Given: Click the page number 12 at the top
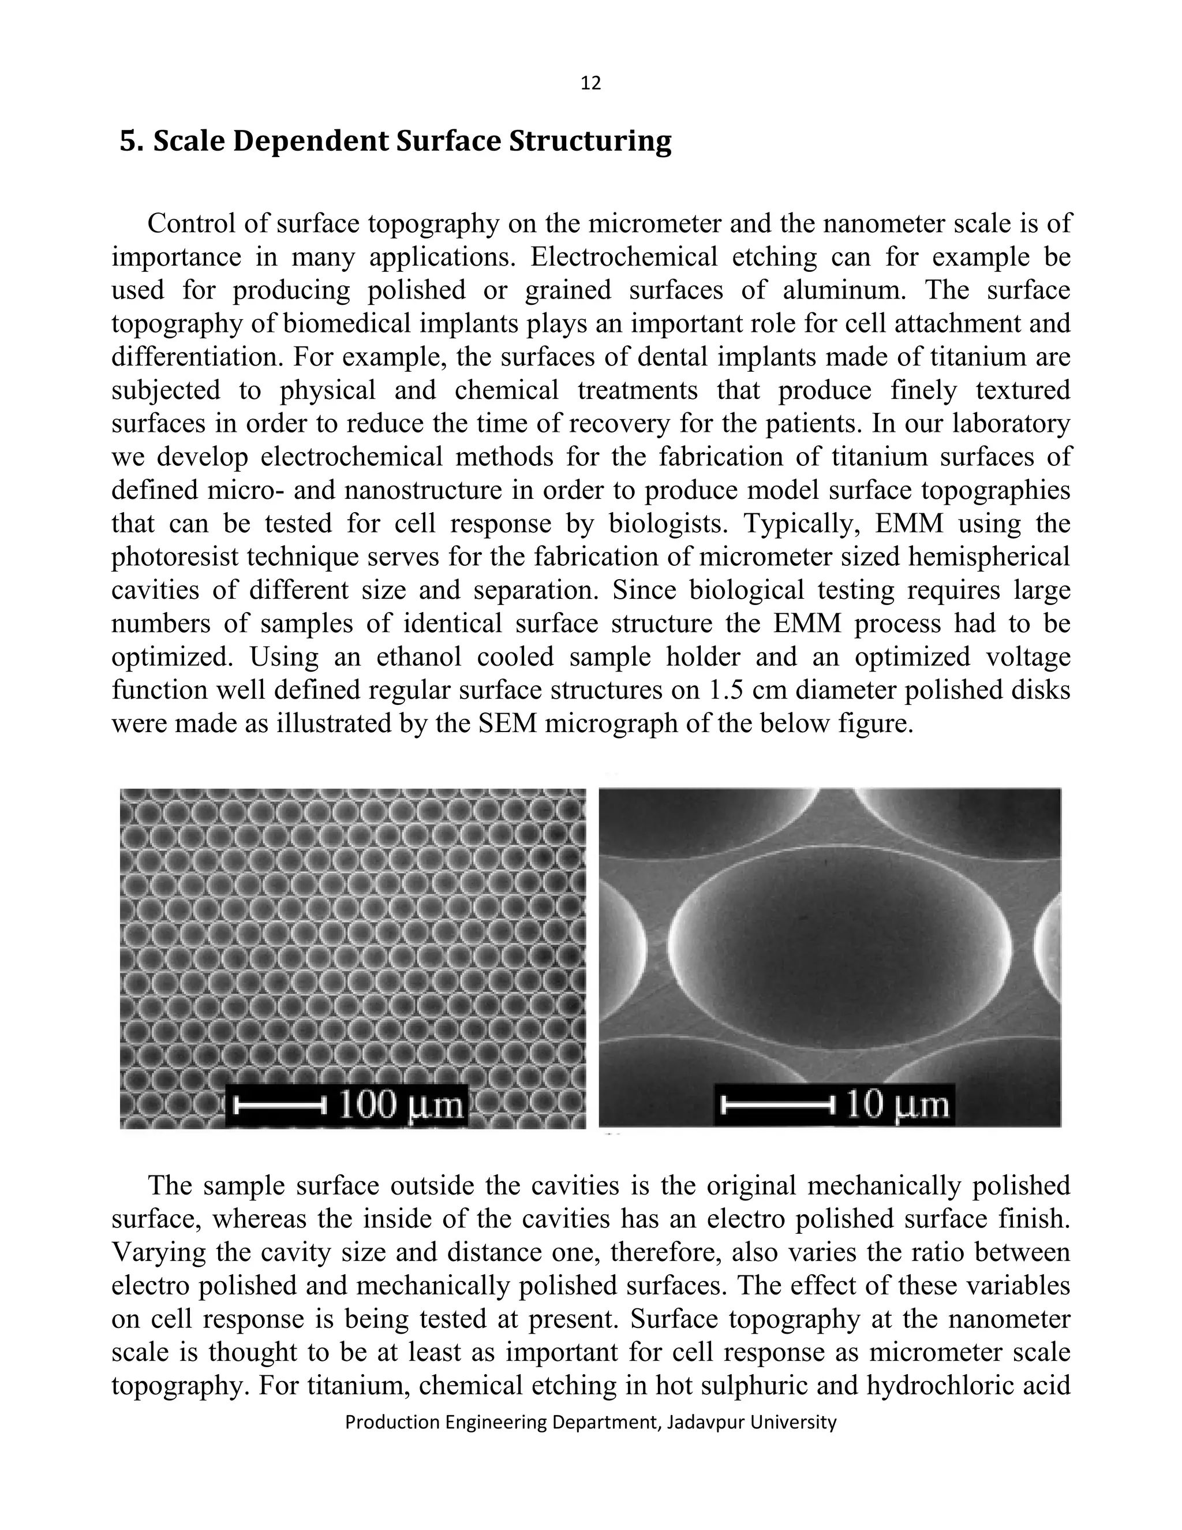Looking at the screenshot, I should (590, 83).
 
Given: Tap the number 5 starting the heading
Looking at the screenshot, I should (128, 141).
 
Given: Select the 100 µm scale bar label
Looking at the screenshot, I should (401, 1104).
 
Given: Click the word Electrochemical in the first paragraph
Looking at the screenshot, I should (624, 257).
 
